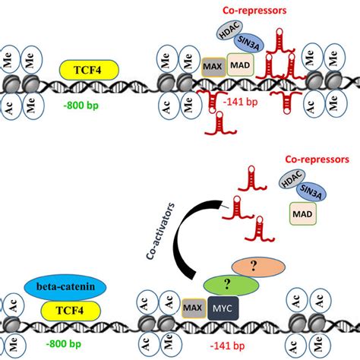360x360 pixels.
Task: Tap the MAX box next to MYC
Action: coord(191,308)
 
